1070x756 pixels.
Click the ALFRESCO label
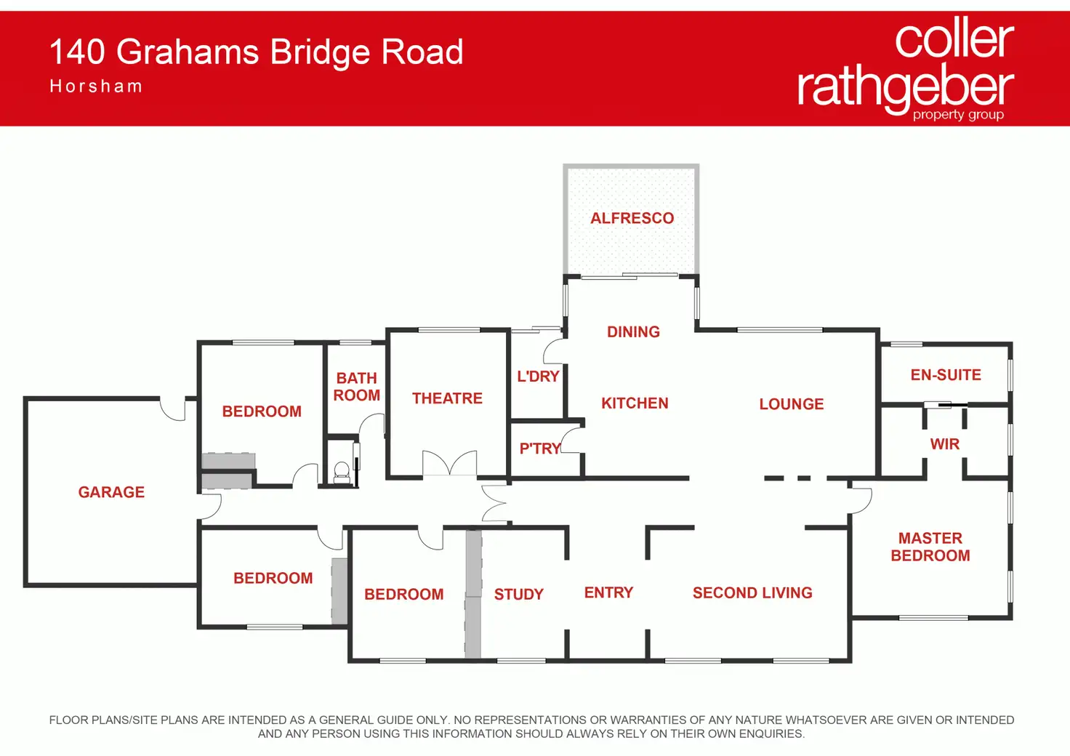[632, 218]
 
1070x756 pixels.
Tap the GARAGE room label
[111, 492]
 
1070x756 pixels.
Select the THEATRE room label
[447, 398]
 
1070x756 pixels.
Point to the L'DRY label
[538, 377]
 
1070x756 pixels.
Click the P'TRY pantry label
[540, 449]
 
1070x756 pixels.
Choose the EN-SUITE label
[946, 375]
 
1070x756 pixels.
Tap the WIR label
[945, 444]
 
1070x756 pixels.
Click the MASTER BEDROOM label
[930, 547]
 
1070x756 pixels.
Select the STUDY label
[519, 594]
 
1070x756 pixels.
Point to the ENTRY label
[608, 592]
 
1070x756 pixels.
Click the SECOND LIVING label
[752, 592]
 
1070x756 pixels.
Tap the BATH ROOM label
[356, 387]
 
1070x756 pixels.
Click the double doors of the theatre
[449, 463]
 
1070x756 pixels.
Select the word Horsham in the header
[96, 87]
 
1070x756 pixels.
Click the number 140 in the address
[77, 52]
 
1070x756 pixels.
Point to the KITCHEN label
[635, 403]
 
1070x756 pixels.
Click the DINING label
[633, 332]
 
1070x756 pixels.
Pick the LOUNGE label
[792, 404]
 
